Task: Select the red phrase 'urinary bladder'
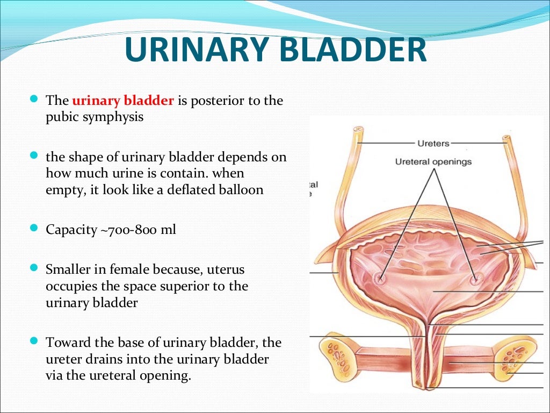click(123, 101)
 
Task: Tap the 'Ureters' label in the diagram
click(433, 143)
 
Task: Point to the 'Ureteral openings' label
click(433, 161)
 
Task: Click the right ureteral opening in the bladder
click(474, 280)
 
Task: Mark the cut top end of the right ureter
click(505, 139)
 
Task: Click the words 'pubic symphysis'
click(95, 117)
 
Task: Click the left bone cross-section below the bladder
click(340, 357)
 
